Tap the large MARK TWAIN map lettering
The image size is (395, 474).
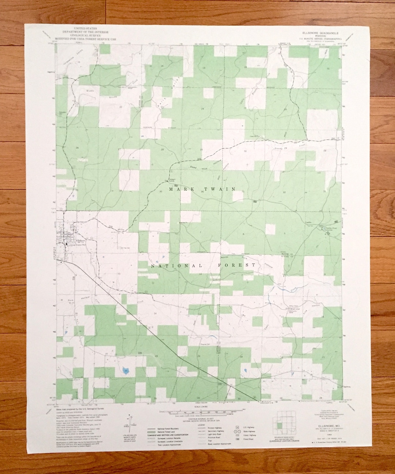tap(202, 189)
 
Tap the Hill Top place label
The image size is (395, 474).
tap(121, 230)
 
